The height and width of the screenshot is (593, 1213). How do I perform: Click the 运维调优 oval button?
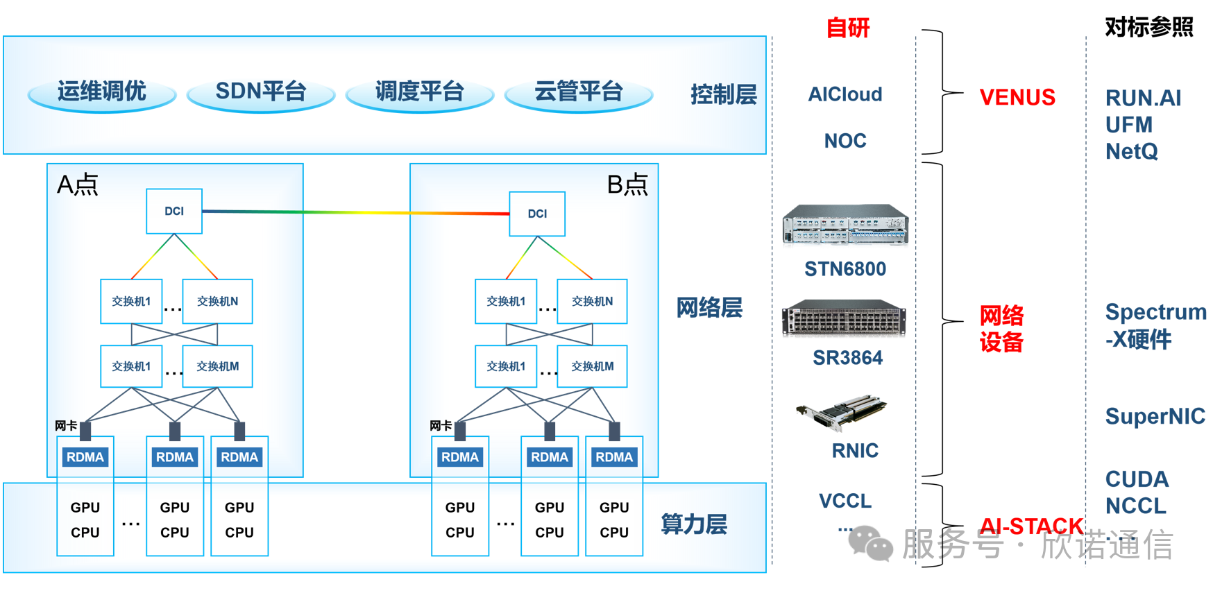(101, 92)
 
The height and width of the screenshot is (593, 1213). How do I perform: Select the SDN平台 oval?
(261, 92)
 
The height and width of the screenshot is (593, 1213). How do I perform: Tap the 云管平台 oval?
(579, 92)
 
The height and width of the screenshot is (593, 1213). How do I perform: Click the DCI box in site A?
(174, 211)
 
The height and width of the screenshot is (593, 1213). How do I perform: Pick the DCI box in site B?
(537, 214)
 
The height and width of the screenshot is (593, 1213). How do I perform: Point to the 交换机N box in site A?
(217, 301)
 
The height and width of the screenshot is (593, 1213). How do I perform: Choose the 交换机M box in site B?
(592, 366)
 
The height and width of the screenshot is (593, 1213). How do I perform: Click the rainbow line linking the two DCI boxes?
(355, 212)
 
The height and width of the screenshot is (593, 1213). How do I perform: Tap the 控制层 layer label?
(723, 94)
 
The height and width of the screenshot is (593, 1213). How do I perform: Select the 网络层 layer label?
(709, 307)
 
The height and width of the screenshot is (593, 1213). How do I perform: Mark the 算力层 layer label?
(694, 524)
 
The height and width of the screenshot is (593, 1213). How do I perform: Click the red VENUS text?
(1017, 97)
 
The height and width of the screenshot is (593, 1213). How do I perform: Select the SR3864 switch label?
(847, 358)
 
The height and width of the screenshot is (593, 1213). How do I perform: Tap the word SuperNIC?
(1155, 416)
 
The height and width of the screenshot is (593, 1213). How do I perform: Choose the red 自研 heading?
(847, 28)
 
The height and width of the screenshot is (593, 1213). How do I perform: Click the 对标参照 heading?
(1148, 27)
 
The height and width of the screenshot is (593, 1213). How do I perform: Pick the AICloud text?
(845, 94)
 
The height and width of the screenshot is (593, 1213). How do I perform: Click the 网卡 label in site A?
(66, 425)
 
